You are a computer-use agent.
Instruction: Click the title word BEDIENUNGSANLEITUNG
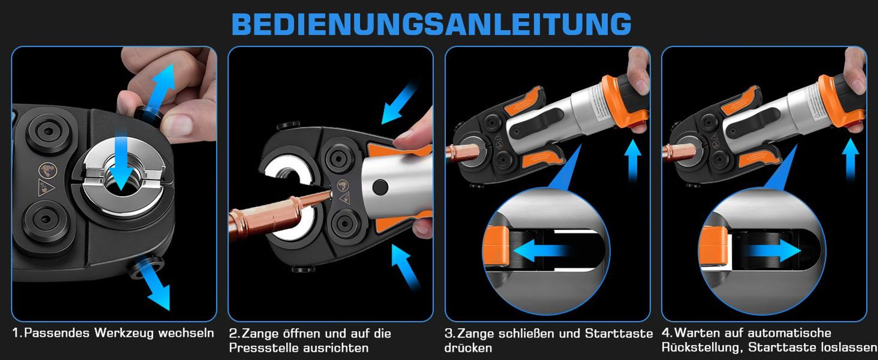432,25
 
